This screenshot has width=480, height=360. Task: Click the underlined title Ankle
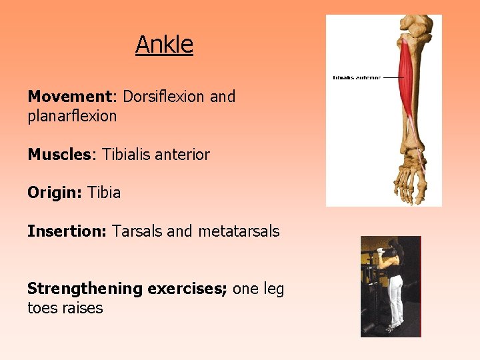tap(164, 45)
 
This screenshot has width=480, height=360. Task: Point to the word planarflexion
tap(72, 116)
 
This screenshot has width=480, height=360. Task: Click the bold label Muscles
tap(59, 155)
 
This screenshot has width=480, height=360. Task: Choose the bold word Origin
tap(54, 193)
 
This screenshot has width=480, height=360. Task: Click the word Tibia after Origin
tap(104, 193)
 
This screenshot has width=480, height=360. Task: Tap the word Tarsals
tap(137, 232)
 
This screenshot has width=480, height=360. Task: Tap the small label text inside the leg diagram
tap(357, 77)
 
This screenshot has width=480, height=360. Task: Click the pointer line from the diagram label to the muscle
tap(392, 77)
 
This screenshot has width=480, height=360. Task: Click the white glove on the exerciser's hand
tap(382, 251)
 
